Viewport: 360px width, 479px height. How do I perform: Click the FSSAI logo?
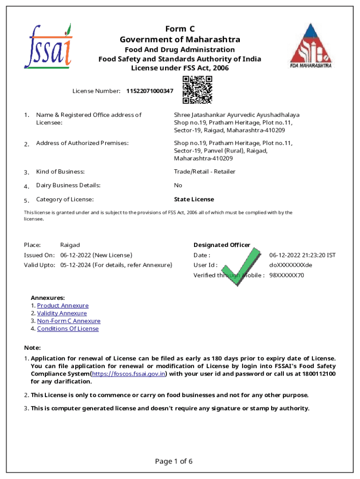[x=48, y=45]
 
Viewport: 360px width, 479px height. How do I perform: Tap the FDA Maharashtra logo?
[x=310, y=46]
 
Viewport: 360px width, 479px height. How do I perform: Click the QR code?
[x=197, y=90]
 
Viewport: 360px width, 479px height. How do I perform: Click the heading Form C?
[x=180, y=29]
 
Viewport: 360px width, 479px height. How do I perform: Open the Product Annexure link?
[x=63, y=305]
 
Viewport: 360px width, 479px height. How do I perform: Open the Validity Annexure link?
[x=62, y=313]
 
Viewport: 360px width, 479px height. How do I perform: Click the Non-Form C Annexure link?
[x=69, y=321]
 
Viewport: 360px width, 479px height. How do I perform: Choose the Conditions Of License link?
[x=68, y=329]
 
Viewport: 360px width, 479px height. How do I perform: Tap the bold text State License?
[x=194, y=200]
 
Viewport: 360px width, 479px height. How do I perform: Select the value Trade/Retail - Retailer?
[x=205, y=172]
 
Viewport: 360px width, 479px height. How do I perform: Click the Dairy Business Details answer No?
[x=178, y=185]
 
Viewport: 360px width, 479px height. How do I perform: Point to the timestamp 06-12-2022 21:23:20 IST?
[x=302, y=255]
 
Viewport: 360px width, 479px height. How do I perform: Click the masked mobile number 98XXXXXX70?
[x=286, y=276]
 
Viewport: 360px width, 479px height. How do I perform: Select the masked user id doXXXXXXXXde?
[x=290, y=265]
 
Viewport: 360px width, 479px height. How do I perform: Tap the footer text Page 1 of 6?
[x=173, y=462]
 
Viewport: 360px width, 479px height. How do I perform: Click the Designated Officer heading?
[x=222, y=245]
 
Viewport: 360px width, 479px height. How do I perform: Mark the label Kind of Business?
[x=60, y=172]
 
